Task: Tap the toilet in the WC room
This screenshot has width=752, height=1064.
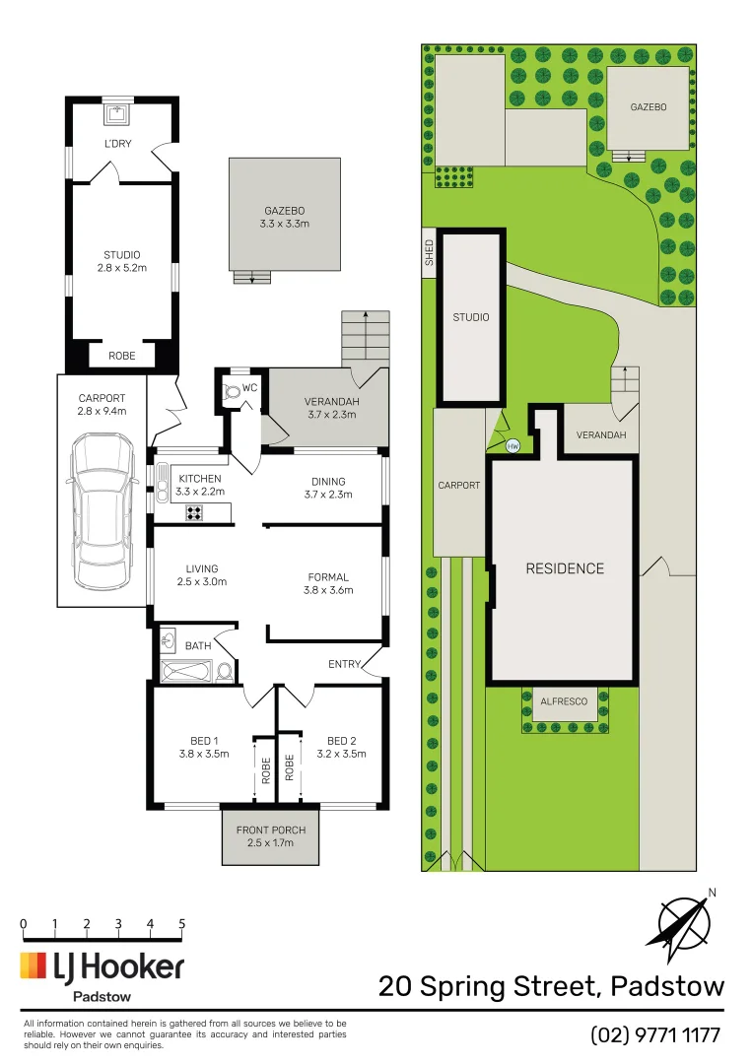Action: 233,391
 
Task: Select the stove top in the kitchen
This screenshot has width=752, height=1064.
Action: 194,512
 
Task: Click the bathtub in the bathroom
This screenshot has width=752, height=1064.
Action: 187,672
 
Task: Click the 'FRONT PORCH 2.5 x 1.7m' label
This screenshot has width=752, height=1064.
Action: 271,836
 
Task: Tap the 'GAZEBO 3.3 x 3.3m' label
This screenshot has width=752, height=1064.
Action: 285,218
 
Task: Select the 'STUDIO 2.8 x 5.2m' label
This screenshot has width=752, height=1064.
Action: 122,261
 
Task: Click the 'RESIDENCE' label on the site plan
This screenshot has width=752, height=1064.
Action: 564,568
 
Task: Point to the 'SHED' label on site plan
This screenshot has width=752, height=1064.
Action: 429,253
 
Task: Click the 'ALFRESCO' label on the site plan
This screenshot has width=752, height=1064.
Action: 564,701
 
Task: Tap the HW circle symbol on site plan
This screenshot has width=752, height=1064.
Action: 513,446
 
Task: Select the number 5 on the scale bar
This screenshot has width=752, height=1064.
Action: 182,924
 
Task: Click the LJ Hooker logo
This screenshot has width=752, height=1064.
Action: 103,967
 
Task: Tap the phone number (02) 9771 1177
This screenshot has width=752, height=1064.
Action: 655,1035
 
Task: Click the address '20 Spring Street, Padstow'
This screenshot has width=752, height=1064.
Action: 551,986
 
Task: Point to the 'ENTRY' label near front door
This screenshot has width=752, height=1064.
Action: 344,664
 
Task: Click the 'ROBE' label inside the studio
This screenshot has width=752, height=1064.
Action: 122,355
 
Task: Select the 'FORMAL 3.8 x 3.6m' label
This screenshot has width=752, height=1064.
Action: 328,584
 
